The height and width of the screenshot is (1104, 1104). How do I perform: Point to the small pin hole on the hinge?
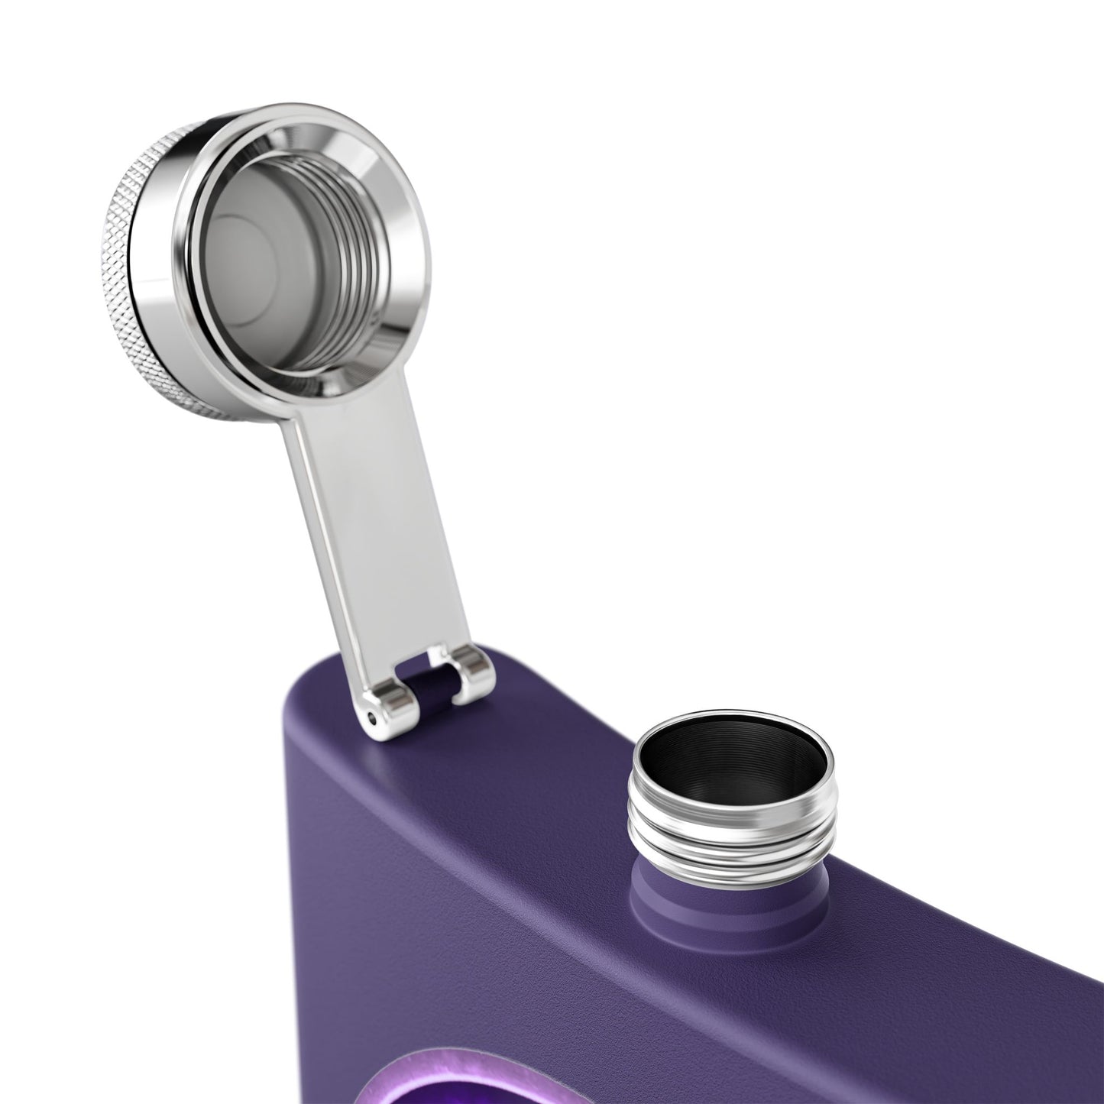tap(371, 717)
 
